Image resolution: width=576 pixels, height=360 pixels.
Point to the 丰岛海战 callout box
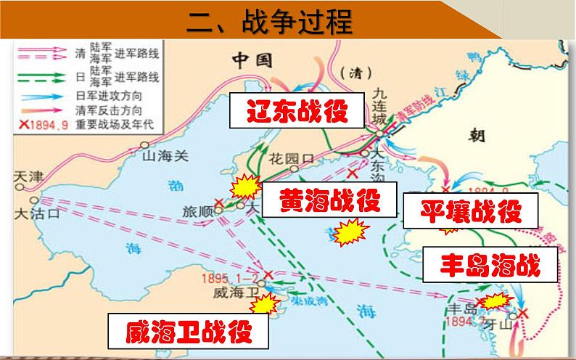click(x=490, y=266)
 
